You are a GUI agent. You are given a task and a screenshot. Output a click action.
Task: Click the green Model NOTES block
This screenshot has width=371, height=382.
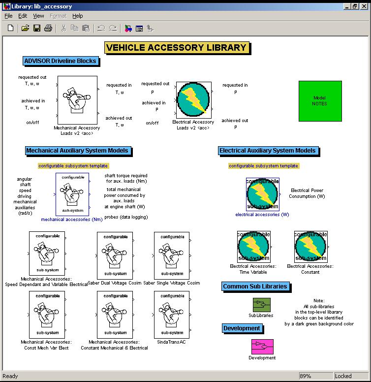point(320,101)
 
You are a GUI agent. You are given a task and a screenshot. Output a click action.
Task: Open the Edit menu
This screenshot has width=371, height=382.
point(23,16)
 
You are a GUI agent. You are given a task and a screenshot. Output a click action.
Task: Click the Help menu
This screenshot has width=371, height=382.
point(78,16)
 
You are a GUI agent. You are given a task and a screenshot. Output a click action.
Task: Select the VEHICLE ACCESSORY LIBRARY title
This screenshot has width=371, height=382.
point(176,48)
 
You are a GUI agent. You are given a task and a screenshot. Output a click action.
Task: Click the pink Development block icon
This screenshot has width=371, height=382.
point(262,347)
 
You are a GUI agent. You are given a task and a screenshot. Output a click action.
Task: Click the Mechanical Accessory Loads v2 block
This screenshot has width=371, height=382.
point(76,100)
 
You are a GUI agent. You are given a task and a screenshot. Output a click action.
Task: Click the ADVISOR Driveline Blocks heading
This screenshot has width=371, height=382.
point(60,61)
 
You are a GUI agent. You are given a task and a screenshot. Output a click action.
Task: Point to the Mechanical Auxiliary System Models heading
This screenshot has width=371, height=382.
point(77,151)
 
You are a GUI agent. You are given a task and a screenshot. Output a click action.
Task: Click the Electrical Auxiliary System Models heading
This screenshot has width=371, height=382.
point(267,151)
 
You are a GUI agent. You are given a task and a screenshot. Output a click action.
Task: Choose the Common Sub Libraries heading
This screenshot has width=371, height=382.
point(255,286)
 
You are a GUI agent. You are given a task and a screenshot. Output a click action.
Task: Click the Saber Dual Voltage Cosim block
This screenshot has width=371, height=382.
point(115,255)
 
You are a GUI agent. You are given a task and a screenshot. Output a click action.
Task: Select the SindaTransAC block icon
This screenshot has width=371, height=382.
point(172,314)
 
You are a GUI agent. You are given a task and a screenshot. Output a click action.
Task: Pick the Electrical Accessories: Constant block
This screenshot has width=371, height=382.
point(310,247)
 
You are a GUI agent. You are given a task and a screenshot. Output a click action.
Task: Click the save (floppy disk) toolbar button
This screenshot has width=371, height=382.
point(37,29)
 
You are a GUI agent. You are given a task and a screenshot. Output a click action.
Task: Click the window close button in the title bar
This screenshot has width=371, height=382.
point(363,6)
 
